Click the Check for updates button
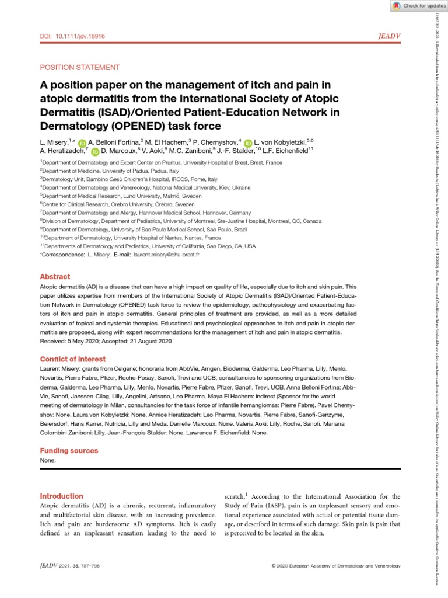click(414, 6)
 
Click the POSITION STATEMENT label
click(79, 68)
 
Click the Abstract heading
click(55, 277)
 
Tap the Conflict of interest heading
click(72, 359)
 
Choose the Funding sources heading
click(69, 451)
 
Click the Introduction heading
click(64, 496)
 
